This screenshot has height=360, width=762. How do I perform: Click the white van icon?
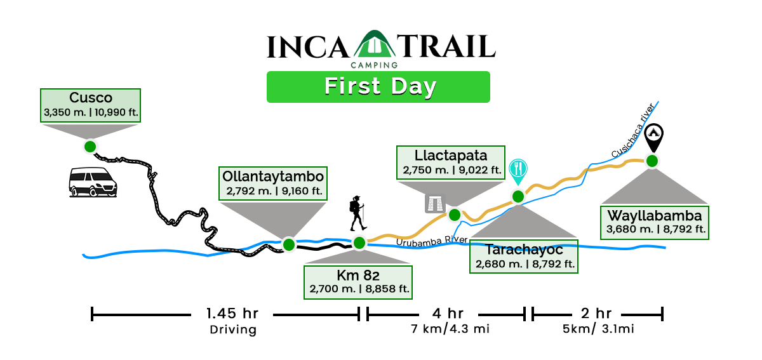click(93, 182)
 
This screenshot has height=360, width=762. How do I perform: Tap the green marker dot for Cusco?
click(90, 147)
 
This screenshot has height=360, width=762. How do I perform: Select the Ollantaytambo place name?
click(273, 176)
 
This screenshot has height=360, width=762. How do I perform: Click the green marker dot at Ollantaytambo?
click(289, 244)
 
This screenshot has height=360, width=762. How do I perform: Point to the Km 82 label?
click(358, 276)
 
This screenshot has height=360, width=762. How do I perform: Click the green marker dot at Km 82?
click(359, 242)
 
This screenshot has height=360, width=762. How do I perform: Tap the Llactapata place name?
click(451, 156)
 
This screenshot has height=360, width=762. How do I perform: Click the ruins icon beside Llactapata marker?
click(435, 203)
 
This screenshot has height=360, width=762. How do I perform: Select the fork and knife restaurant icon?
click(519, 168)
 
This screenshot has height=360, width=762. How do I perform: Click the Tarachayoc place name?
click(524, 250)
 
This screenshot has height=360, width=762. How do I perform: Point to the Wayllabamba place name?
click(655, 215)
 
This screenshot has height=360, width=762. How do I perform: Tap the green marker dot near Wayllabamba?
click(652, 160)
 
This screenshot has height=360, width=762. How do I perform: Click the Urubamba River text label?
click(432, 241)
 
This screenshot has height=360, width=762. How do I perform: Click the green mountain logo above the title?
click(371, 50)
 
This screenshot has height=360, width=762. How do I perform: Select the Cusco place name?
click(91, 98)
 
